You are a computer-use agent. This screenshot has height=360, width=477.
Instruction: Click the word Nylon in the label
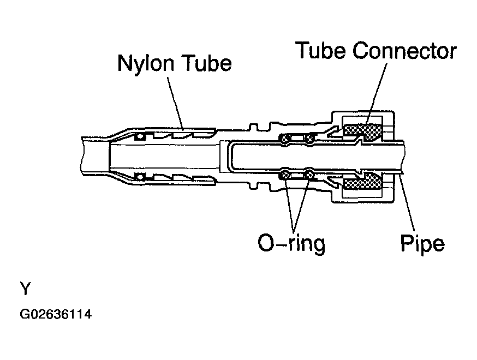pyautogui.click(x=146, y=64)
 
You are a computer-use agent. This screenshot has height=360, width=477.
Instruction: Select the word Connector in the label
pyautogui.click(x=404, y=51)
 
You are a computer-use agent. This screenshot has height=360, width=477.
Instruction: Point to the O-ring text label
pyautogui.click(x=291, y=243)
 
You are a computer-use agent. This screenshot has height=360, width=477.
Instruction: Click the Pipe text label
pyautogui.click(x=422, y=243)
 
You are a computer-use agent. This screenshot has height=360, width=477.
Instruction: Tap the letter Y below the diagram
pyautogui.click(x=26, y=289)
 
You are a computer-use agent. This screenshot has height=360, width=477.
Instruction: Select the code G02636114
pyautogui.click(x=56, y=314)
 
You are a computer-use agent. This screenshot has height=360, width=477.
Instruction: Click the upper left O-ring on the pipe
pyautogui.click(x=285, y=139)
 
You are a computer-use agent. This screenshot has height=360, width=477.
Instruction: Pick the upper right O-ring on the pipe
pyautogui.click(x=309, y=139)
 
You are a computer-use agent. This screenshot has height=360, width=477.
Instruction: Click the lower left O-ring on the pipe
pyautogui.click(x=285, y=175)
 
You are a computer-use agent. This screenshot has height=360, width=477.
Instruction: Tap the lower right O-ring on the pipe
pyautogui.click(x=309, y=175)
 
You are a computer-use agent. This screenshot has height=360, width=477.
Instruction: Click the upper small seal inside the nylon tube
pyautogui.click(x=140, y=136)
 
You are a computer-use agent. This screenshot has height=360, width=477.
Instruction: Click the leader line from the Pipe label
pyautogui.click(x=408, y=201)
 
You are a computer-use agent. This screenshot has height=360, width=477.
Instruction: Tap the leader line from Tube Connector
pyautogui.click(x=377, y=94)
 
